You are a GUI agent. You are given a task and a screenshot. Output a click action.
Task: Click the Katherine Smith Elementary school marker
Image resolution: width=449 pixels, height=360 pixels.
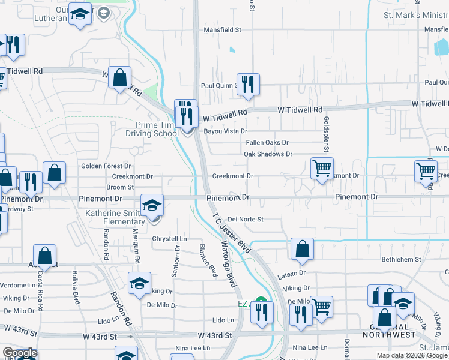[152, 205]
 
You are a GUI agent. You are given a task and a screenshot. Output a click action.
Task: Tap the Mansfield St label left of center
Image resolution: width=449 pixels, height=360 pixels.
[221, 29]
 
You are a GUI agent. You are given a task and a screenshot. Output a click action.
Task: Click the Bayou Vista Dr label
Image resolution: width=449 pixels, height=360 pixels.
[225, 131]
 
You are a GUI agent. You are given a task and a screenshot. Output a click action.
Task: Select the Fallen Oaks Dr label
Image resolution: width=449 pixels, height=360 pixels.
[267, 143]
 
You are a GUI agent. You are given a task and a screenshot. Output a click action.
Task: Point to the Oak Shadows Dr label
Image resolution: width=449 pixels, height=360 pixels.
[268, 154]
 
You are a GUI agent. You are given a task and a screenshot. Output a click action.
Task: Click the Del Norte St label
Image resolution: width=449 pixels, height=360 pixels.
[246, 220]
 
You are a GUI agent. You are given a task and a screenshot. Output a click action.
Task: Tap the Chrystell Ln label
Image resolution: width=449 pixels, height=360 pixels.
[169, 239]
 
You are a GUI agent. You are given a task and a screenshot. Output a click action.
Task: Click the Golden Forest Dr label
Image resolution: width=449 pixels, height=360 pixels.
[106, 166]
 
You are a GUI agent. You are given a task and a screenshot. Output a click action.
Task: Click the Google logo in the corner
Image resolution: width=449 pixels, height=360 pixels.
[19, 353]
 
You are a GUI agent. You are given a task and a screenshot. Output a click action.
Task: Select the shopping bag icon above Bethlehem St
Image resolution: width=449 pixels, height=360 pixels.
[302, 248]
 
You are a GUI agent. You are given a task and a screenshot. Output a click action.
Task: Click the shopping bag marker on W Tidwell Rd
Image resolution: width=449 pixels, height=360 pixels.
[120, 77]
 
